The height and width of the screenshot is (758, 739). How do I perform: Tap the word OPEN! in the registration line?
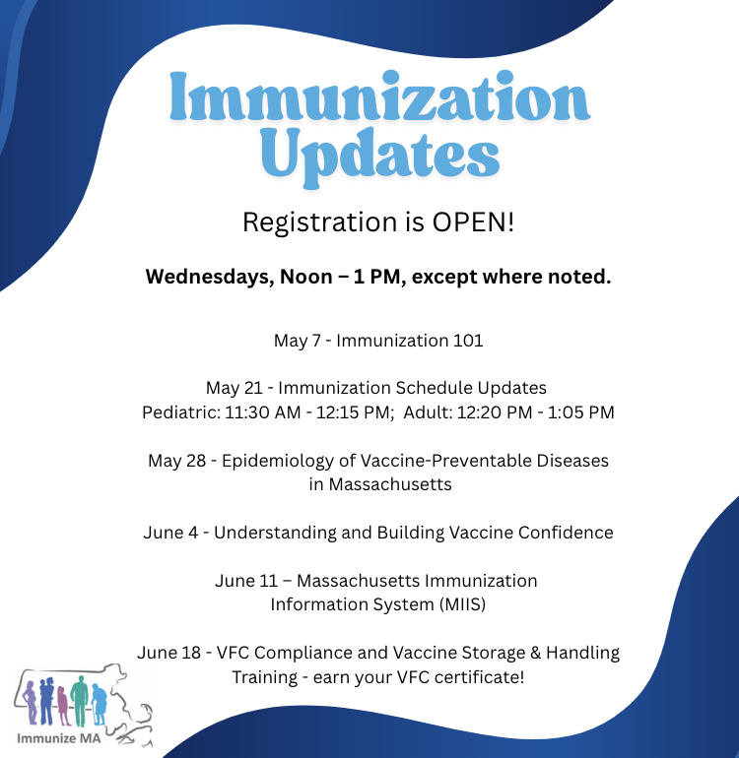(x=473, y=221)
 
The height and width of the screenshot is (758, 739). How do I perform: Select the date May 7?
(x=298, y=341)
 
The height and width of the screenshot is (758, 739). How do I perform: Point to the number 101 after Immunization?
(x=468, y=341)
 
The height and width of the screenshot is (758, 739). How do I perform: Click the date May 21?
(x=234, y=388)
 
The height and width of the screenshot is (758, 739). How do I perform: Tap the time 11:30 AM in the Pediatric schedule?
(x=262, y=412)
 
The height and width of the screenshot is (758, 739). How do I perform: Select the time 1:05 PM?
(x=580, y=412)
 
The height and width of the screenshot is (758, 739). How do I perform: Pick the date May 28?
(x=177, y=461)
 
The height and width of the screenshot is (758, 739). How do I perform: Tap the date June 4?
(x=170, y=533)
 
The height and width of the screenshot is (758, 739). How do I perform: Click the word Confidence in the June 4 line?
(x=566, y=533)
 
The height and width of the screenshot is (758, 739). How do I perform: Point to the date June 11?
(x=246, y=581)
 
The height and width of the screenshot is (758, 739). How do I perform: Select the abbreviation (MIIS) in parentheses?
(x=462, y=604)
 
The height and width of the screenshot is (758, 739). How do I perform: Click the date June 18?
(x=168, y=653)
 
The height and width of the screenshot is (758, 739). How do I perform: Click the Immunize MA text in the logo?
(x=58, y=738)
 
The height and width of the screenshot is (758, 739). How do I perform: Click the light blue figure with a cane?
(x=100, y=704)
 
